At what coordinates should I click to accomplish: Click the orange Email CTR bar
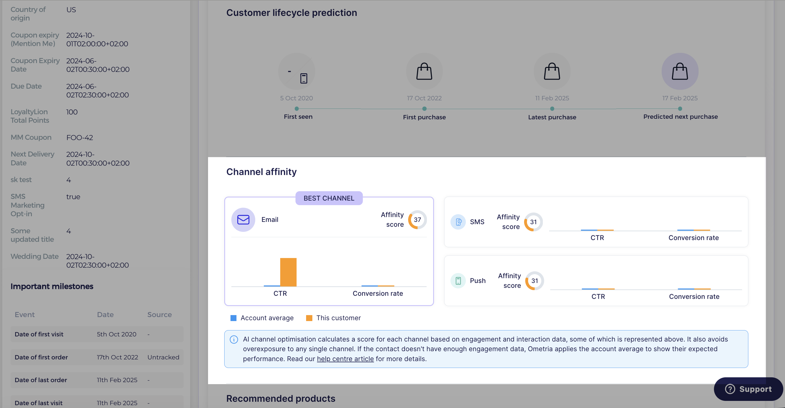pyautogui.click(x=288, y=272)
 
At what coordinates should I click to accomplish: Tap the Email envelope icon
pyautogui.click(x=243, y=220)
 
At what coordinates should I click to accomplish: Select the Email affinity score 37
pyautogui.click(x=417, y=220)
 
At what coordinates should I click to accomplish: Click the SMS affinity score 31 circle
pyautogui.click(x=533, y=222)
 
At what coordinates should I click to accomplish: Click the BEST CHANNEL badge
pyautogui.click(x=329, y=198)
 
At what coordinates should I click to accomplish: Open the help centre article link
pyautogui.click(x=345, y=359)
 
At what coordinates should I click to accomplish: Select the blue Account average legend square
pyautogui.click(x=233, y=318)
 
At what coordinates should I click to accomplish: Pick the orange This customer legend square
pyautogui.click(x=309, y=318)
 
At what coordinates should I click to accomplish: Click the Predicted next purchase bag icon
pyautogui.click(x=680, y=71)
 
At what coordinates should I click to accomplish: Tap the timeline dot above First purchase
pyautogui.click(x=424, y=109)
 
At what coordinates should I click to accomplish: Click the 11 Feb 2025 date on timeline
pyautogui.click(x=552, y=98)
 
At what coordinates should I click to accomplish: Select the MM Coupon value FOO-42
pyautogui.click(x=80, y=138)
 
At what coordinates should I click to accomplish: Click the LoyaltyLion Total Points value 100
pyautogui.click(x=72, y=112)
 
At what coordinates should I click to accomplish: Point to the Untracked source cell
pyautogui.click(x=163, y=357)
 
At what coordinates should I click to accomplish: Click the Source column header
pyautogui.click(x=159, y=315)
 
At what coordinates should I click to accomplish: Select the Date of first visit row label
pyautogui.click(x=39, y=334)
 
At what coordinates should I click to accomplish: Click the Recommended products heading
pyautogui.click(x=281, y=398)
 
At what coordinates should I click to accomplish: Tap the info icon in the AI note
pyautogui.click(x=234, y=340)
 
